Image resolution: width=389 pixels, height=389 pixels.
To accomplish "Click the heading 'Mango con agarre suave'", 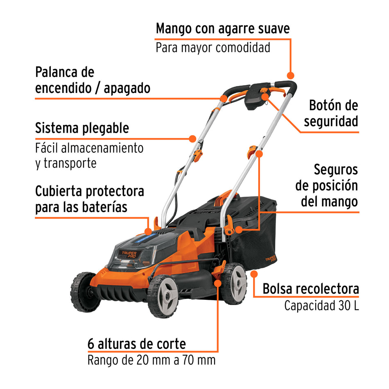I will coord(223,29).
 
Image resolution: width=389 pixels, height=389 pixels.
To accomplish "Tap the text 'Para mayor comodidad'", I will coord(213,47).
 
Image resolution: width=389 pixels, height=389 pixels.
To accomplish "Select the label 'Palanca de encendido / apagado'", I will coord(93,80).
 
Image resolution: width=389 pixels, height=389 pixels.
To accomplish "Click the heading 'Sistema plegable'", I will coord(82,128).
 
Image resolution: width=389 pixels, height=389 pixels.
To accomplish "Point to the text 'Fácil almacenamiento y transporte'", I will coord(89,155).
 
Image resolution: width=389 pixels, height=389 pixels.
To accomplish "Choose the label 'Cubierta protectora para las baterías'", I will coord(90,199).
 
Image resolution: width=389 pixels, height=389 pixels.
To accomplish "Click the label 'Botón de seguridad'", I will coord(333,113).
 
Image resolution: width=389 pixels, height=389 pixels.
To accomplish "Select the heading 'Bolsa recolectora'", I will coord(311,289).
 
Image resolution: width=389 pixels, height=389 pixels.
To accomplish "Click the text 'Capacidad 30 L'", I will coord(321,305).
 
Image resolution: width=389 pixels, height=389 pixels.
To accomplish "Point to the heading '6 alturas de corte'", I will coord(137,343).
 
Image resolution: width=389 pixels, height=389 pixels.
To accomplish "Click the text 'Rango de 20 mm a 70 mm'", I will coord(152,360).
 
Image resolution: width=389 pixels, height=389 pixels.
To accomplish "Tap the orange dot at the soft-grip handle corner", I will coord(290,75).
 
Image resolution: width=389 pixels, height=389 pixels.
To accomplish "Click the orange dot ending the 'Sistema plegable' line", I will coord(192,138).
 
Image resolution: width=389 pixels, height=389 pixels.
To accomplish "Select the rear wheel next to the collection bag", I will coord(235,283).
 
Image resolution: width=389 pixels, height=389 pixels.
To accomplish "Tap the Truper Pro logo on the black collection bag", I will coord(270,259).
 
